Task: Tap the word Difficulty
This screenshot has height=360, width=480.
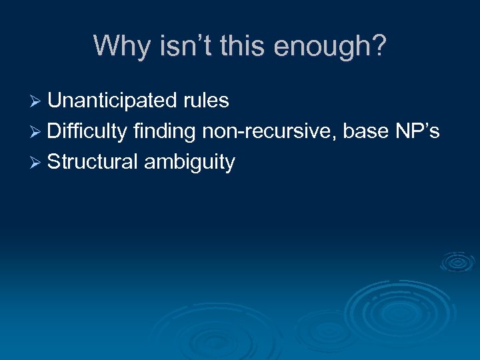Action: pos(87,131)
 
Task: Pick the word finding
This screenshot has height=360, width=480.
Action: pos(164,131)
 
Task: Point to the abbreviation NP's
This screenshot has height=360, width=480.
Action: pos(417,131)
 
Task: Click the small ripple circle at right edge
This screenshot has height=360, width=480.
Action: pos(458,262)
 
